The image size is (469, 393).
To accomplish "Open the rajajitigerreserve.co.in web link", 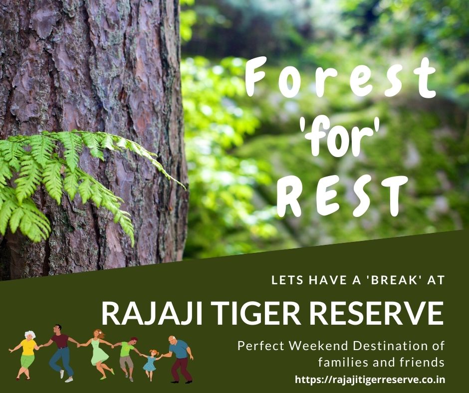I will tap(369, 380).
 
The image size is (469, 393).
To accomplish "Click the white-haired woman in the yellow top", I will tap(27, 352).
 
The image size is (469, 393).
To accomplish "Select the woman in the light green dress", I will tap(98, 352).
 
